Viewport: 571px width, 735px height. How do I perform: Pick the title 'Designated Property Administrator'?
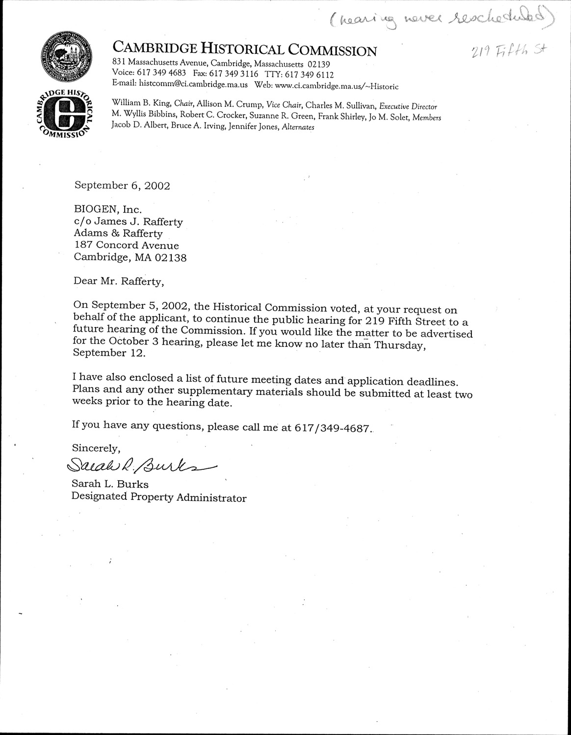tap(159, 497)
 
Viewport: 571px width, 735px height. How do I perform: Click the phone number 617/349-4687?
tap(332, 427)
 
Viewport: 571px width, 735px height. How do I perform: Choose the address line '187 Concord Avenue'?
tap(127, 245)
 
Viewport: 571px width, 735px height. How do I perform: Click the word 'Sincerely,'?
tap(96, 447)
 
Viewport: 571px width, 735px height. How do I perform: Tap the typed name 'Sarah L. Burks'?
tap(110, 484)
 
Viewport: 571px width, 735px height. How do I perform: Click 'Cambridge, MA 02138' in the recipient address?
tap(130, 257)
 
